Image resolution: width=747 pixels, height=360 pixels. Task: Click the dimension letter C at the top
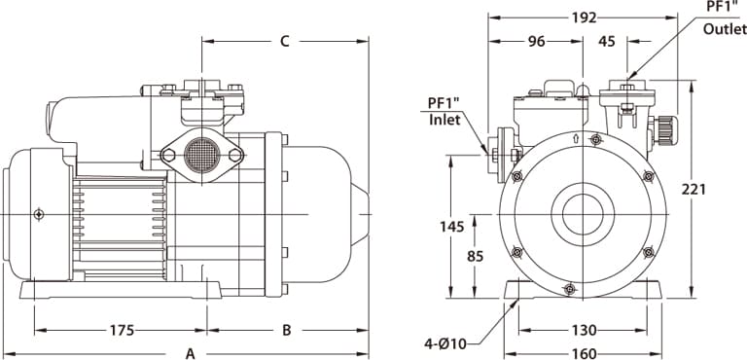(x=284, y=42)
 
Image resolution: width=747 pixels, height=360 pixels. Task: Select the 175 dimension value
(x=123, y=330)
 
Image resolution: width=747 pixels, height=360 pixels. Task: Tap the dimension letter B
(x=286, y=330)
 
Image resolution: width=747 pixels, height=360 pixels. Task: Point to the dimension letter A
(x=190, y=354)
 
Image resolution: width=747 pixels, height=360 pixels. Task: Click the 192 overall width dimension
(x=584, y=18)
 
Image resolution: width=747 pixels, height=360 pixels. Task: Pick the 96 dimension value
(x=537, y=42)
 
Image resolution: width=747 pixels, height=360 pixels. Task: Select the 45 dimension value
(x=607, y=42)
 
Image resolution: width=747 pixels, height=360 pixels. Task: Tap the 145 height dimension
(x=451, y=227)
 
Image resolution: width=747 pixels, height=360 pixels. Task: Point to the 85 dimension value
(x=475, y=257)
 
